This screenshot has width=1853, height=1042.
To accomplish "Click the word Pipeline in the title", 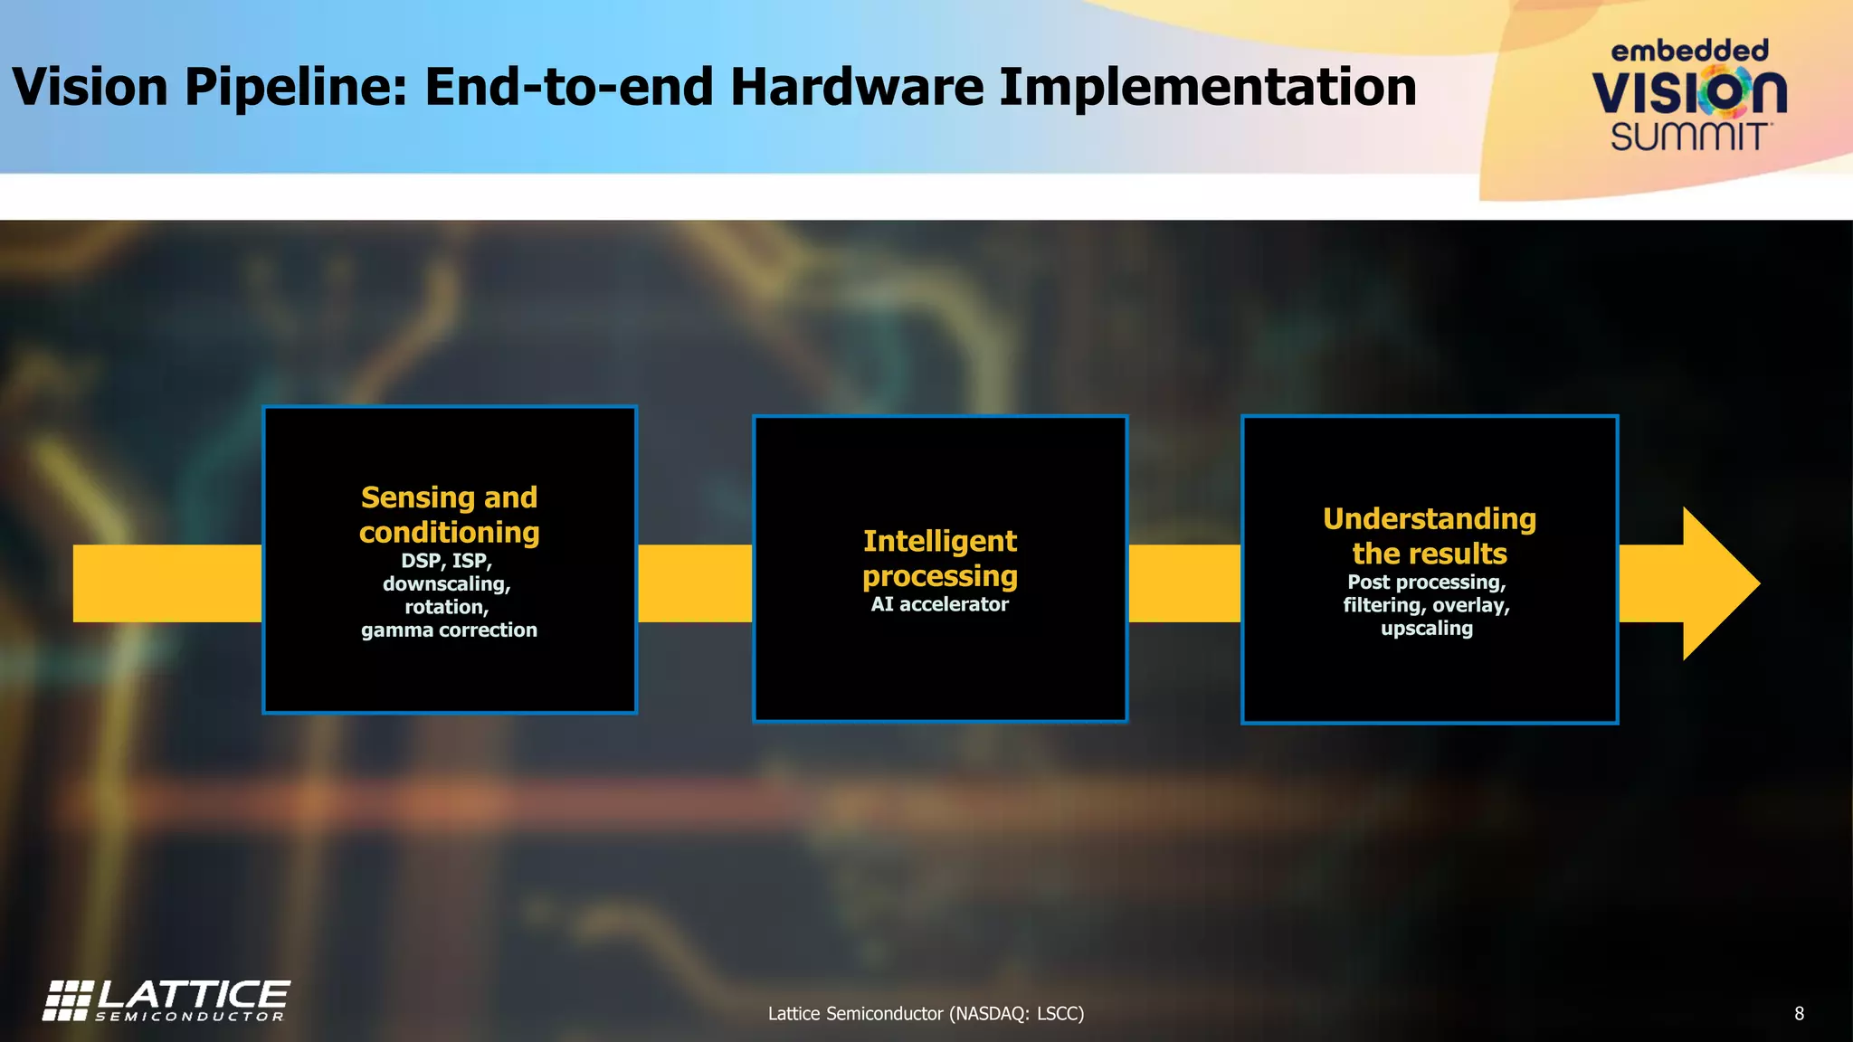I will (297, 88).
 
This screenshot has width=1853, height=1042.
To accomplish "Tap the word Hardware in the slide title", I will (856, 88).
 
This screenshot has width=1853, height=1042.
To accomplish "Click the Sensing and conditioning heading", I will (450, 515).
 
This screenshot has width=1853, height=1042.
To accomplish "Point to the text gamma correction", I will (449, 630).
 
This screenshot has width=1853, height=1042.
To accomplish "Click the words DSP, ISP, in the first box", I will (447, 561).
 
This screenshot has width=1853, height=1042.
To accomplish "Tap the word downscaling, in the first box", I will (447, 584).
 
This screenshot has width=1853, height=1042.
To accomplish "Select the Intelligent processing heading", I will (939, 558).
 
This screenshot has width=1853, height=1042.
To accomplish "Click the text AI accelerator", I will (939, 604).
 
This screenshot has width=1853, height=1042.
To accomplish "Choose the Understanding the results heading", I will (1430, 535).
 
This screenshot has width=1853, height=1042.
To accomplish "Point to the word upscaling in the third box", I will (1427, 629).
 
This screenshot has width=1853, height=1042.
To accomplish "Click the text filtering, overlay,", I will (1427, 605).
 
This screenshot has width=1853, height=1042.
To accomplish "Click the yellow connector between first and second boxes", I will (695, 583).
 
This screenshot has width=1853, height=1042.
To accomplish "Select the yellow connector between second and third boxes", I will (1184, 583).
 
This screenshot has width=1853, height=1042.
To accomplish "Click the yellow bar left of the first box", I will (167, 583).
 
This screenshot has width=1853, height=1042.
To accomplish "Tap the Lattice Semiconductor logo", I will (166, 1000).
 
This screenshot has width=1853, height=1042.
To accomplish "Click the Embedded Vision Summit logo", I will (1688, 95).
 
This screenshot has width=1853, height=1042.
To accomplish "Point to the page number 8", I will (1799, 1014).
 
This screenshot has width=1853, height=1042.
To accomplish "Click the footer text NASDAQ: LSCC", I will (1015, 1014).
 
